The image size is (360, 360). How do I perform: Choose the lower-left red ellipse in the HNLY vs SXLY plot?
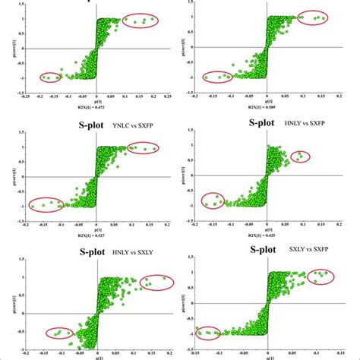pos(59,332)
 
